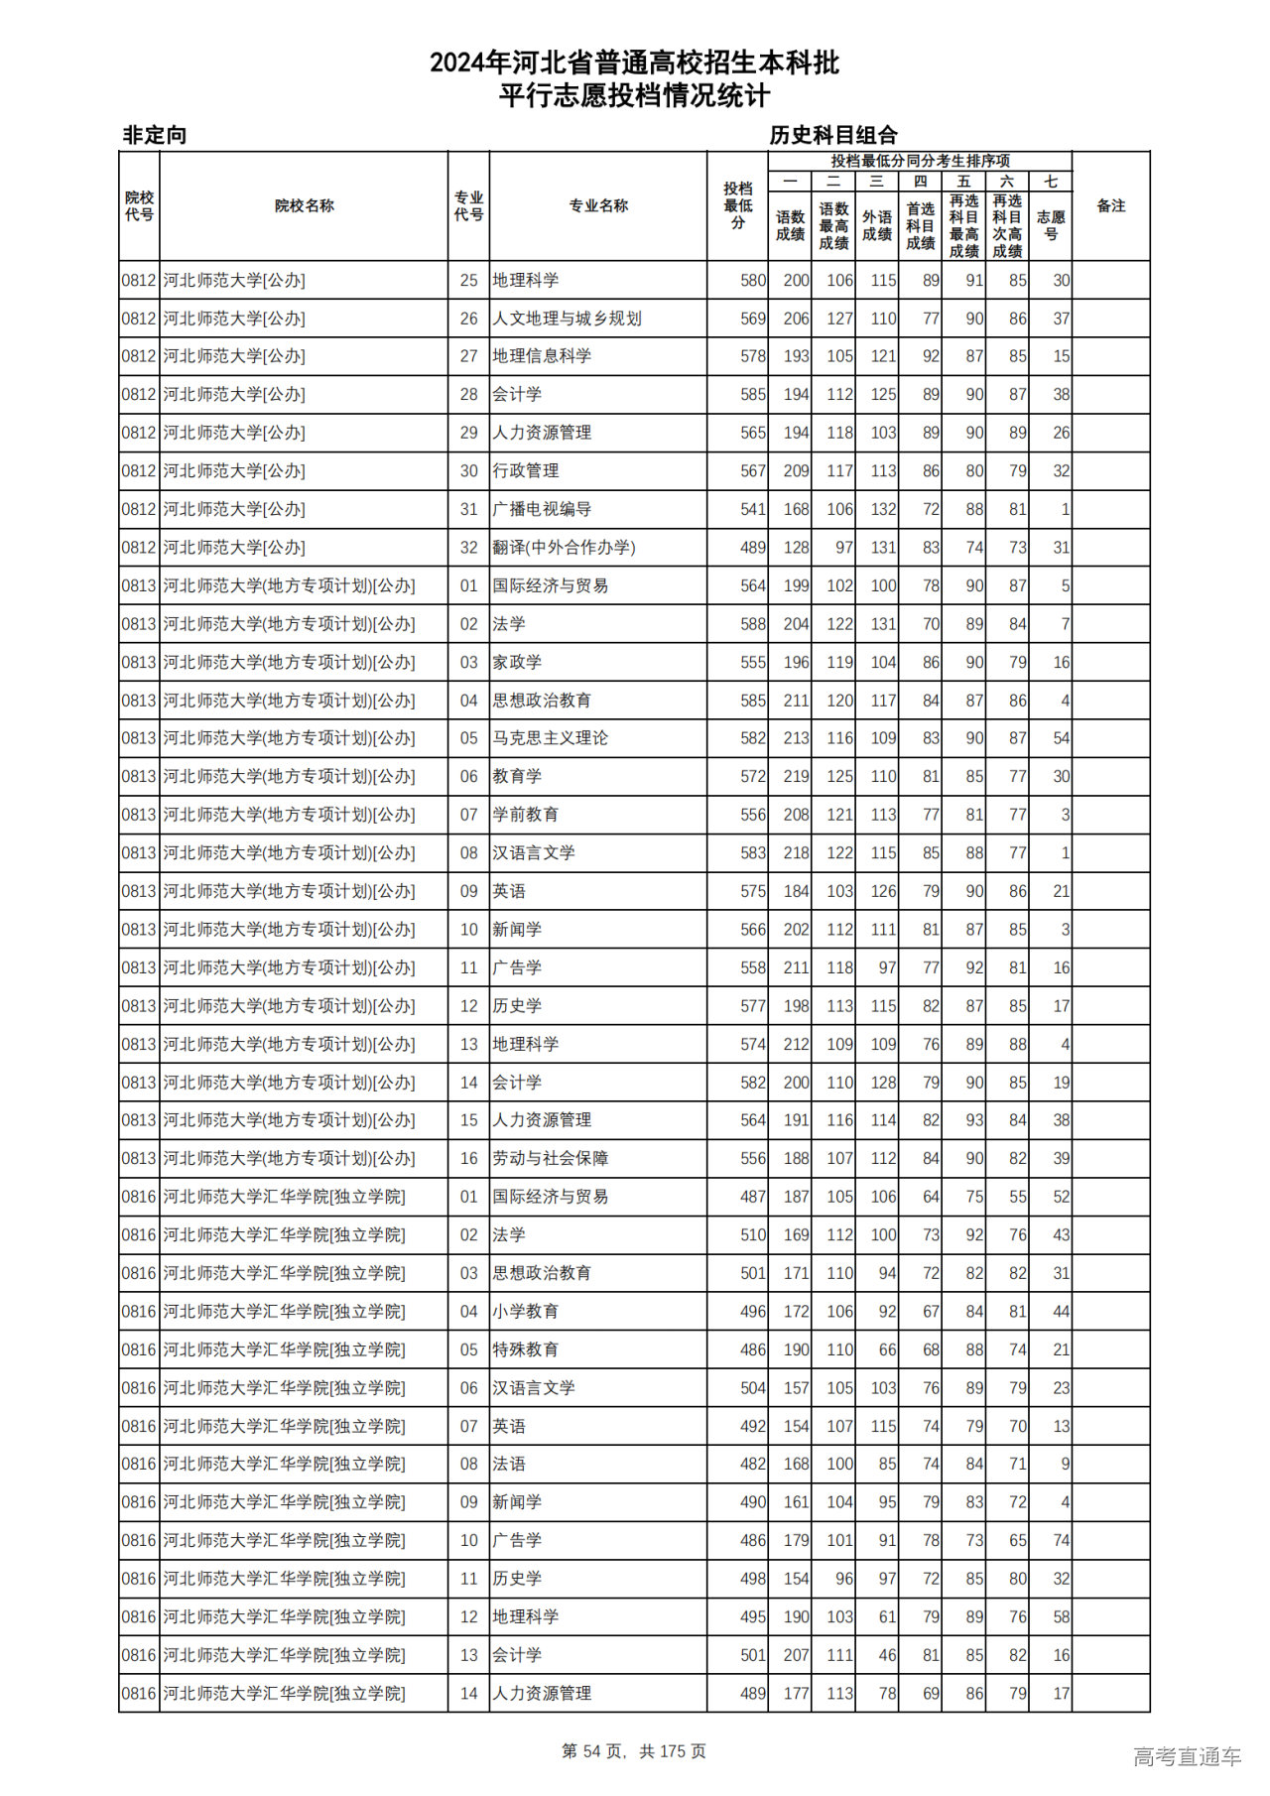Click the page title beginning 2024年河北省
634,64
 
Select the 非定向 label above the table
155,135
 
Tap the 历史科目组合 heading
833,135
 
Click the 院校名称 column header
304,206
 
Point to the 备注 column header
1110,206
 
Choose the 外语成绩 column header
876,225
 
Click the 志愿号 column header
1050,225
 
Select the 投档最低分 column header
737,206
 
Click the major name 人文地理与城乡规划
568,319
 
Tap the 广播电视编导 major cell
542,509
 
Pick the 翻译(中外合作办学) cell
564,548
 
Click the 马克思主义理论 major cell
551,738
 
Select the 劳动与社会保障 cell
551,1158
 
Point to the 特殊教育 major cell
526,1349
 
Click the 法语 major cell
509,1464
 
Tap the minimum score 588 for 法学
753,624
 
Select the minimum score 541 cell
753,509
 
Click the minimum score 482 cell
753,1464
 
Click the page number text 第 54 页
594,1751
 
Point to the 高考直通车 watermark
1187,1756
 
